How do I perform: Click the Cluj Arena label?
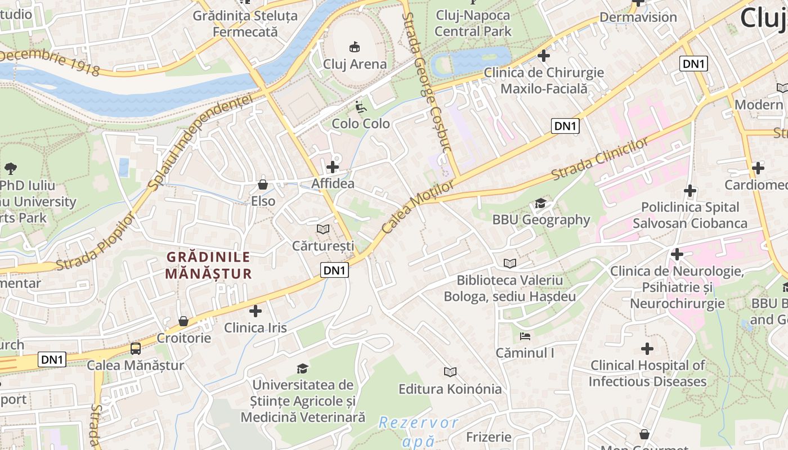(355, 64)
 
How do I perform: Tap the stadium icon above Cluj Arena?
(355, 46)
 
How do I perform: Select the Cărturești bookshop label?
(323, 246)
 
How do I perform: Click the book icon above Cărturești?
(323, 229)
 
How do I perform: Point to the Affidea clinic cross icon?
(333, 167)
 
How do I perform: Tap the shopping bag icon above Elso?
(262, 184)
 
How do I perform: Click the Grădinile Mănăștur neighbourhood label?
(208, 265)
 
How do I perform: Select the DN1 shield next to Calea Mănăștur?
(52, 359)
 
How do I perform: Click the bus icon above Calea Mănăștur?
(136, 349)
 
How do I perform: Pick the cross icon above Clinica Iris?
(256, 310)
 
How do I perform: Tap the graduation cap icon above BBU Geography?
(540, 203)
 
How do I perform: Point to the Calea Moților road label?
(418, 207)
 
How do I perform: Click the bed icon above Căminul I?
(525, 336)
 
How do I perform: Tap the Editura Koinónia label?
(450, 389)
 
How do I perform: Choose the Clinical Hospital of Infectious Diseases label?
(647, 373)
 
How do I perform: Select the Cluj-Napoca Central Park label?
(473, 23)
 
